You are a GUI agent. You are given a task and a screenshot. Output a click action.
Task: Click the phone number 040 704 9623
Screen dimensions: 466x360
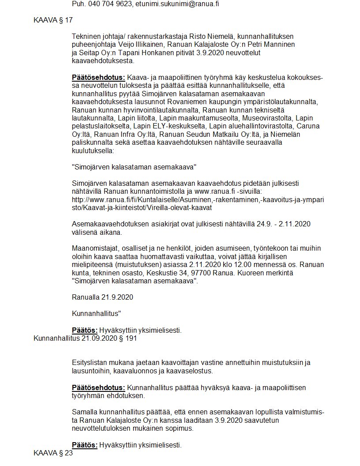tap(110, 4)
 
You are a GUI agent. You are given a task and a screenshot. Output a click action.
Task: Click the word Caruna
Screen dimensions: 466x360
tap(308, 126)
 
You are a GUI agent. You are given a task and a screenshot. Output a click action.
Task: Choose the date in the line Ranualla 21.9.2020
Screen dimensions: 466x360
tap(117, 297)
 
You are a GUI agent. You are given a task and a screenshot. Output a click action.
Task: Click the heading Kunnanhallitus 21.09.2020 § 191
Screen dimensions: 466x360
tap(85, 338)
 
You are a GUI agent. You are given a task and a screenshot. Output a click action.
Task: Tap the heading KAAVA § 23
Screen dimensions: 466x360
tap(53, 453)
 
